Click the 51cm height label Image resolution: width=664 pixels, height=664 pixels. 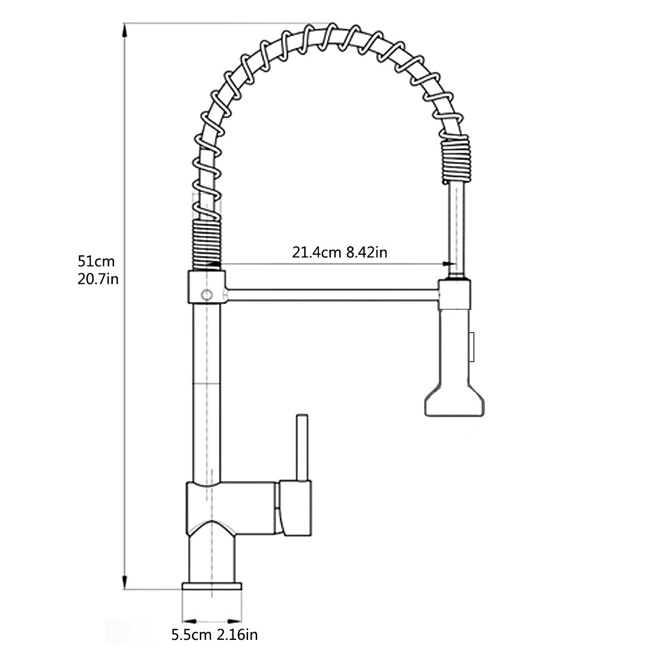(95, 261)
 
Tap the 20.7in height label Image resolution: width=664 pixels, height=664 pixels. (97, 279)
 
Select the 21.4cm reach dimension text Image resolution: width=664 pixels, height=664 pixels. (318, 252)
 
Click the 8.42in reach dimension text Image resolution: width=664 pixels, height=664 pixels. (366, 252)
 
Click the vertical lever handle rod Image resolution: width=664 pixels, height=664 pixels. (301, 447)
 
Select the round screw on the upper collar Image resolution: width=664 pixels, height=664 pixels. (206, 295)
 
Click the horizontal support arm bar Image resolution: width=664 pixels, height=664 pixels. (332, 295)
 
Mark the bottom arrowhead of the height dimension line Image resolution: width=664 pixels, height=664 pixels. (125, 583)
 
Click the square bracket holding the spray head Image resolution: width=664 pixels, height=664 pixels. (455, 294)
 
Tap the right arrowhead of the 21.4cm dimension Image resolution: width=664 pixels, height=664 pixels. (447, 263)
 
